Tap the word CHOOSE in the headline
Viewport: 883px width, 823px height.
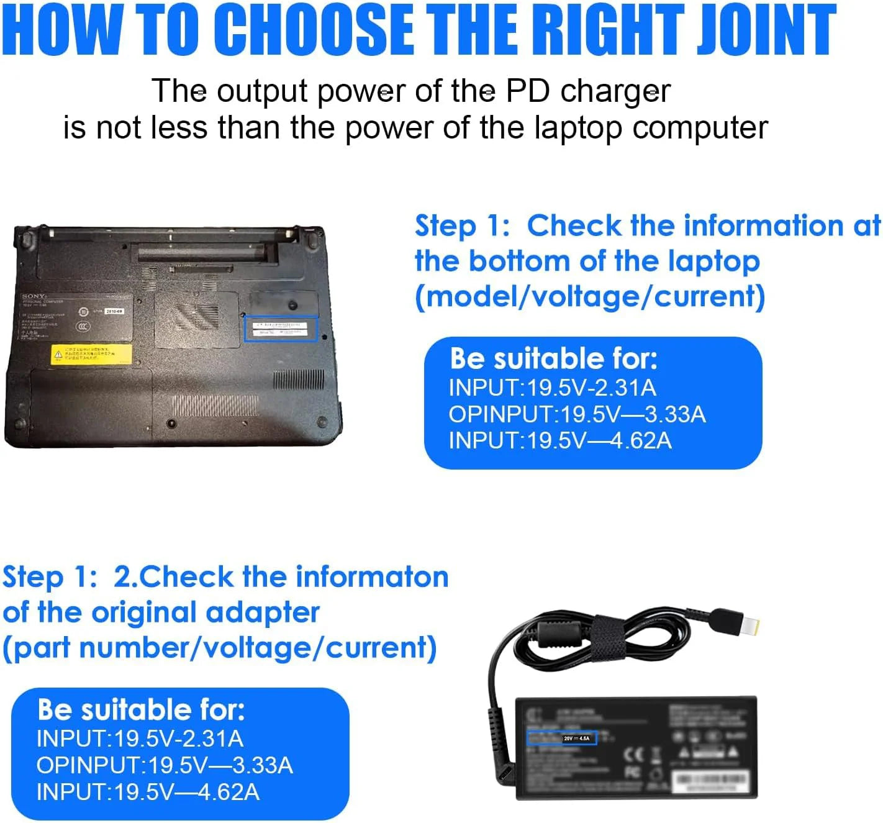click(317, 29)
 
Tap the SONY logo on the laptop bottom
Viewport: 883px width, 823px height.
click(34, 297)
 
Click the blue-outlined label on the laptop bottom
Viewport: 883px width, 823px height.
click(281, 329)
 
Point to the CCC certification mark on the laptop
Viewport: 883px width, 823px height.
click(83, 327)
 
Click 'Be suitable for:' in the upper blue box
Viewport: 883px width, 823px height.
click(553, 359)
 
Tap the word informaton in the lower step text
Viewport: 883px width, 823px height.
click(371, 577)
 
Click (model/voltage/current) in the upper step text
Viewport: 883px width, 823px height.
click(590, 297)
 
